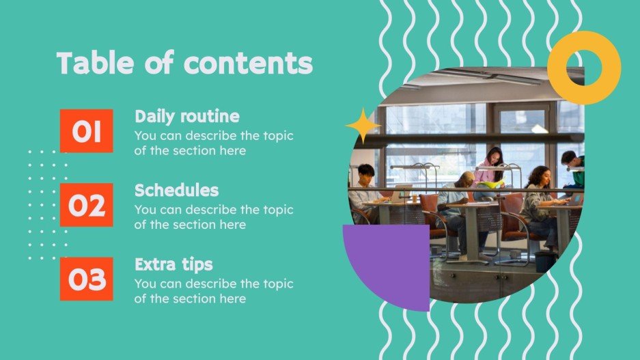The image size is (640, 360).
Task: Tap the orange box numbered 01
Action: click(87, 131)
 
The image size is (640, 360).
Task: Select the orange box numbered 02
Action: click(87, 205)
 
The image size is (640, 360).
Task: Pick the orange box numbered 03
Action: click(87, 279)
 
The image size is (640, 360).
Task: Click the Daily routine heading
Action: click(186, 116)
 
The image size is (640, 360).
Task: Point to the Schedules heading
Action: click(176, 190)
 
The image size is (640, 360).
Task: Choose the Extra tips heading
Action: click(173, 264)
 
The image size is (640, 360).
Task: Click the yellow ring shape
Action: click(584, 67)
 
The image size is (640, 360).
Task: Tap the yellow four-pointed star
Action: click(363, 125)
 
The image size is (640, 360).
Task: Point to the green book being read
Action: click(491, 183)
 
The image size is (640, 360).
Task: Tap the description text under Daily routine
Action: click(213, 143)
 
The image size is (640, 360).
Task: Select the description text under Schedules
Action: click(213, 217)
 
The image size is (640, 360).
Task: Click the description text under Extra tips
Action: click(213, 290)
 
